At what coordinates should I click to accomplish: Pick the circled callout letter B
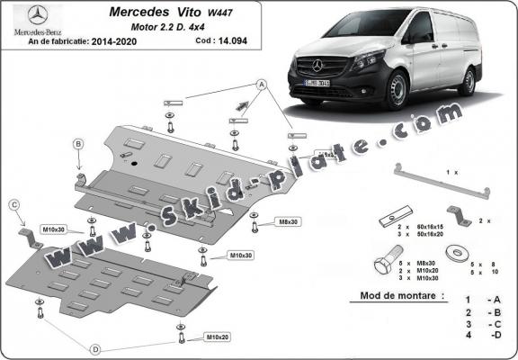click(x=78, y=144)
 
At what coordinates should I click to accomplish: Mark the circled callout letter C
click(x=14, y=206)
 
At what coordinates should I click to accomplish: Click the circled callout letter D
click(x=94, y=347)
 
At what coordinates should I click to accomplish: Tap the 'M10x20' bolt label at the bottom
click(x=218, y=337)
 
